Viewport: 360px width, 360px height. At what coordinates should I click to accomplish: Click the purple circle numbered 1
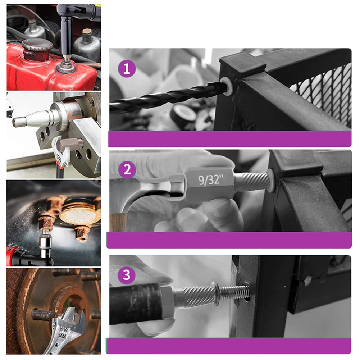tap(126, 69)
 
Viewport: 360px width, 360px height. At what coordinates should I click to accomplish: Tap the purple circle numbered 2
tap(127, 170)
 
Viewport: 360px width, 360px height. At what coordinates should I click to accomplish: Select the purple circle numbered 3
tap(126, 275)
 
